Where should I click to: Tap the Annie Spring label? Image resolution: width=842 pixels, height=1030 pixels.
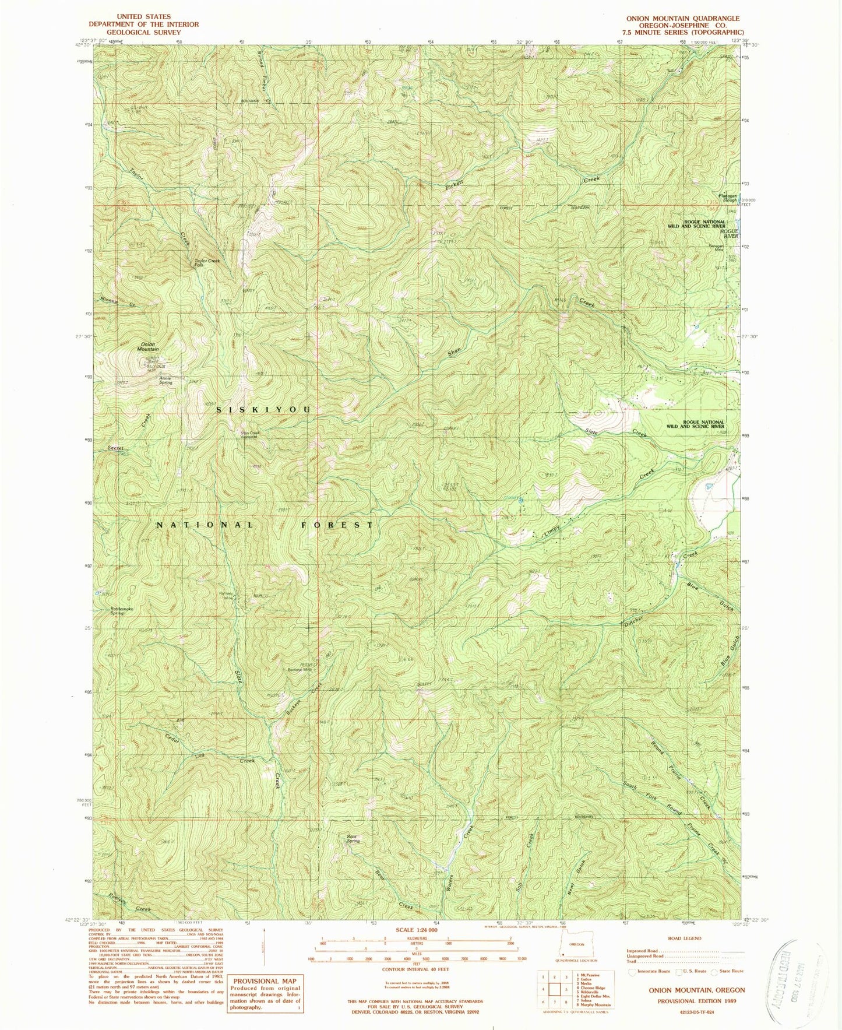[165, 381]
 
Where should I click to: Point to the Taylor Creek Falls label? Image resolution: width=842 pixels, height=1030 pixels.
[207, 262]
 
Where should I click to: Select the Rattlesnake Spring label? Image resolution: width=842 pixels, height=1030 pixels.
[122, 611]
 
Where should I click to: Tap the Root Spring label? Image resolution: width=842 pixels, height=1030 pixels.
[353, 839]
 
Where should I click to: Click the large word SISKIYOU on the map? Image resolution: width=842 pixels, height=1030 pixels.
[265, 410]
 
